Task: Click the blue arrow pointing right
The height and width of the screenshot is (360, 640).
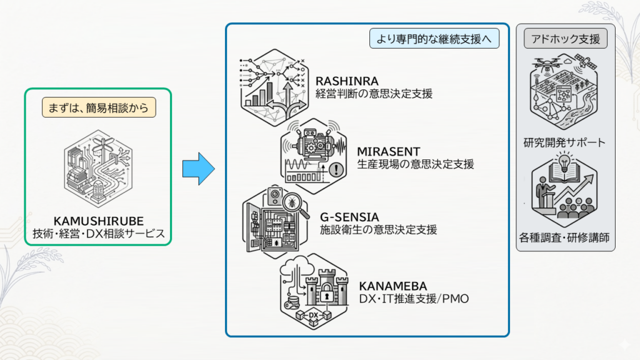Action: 198,169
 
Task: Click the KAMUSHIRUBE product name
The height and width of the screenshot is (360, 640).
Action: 98,221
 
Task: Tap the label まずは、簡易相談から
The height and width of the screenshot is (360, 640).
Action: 99,107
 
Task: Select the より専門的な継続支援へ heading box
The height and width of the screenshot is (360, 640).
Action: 434,39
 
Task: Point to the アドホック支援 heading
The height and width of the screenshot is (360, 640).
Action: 565,39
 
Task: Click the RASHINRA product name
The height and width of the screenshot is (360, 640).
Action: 347,81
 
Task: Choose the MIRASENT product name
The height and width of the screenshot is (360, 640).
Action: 388,151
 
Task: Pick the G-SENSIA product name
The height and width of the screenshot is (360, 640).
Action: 349,217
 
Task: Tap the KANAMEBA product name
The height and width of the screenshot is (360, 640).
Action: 392,286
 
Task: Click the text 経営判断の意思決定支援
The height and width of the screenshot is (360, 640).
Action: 374,94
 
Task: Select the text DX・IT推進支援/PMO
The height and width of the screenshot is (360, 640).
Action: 414,299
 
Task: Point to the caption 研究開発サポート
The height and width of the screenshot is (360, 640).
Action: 564,142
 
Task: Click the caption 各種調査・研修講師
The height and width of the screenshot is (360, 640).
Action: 564,237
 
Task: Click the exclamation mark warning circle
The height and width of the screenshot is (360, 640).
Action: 336,169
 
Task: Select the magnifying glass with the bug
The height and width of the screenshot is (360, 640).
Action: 294,204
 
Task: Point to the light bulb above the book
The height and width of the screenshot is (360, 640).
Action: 564,161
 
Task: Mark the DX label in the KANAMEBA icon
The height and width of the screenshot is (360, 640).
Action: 314,315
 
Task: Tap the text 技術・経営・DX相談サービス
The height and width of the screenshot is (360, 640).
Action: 99,234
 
